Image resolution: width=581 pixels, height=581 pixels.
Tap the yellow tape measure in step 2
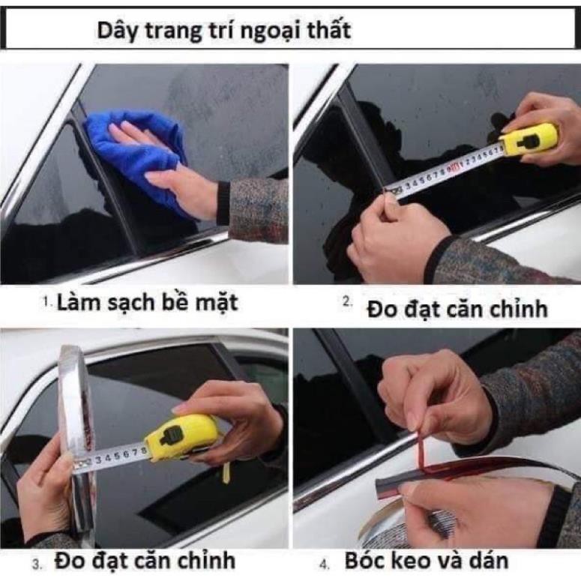coord(529,141)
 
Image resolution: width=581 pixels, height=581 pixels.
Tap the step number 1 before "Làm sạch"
coord(45,302)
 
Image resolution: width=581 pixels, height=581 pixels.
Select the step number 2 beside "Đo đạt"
coord(347,302)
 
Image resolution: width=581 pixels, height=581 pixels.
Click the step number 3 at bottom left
coord(36,565)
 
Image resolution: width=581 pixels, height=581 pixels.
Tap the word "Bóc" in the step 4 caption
coord(363,560)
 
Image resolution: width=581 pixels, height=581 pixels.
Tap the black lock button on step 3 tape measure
coord(170,433)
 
